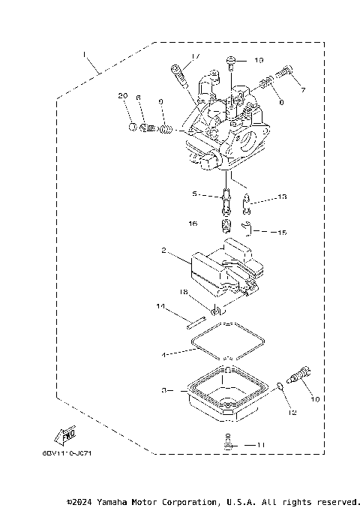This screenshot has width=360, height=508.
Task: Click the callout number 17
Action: pos(195,57)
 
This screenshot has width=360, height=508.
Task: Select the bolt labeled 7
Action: pos(286,74)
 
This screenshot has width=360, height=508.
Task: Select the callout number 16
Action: pos(192,224)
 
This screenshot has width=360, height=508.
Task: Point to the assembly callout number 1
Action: pos(85,54)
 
